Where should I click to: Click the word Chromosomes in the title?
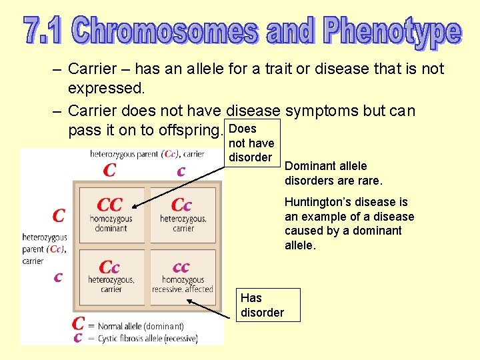(166, 30)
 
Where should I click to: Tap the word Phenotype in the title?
(393, 32)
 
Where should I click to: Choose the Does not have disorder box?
(251, 143)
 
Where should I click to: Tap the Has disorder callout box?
(268, 305)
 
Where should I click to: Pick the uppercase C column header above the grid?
(110, 171)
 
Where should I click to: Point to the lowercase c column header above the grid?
(181, 171)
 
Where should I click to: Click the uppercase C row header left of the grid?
(59, 215)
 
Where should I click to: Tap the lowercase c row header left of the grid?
(59, 276)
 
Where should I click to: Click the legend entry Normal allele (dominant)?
(140, 326)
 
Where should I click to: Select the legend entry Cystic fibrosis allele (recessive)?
(147, 338)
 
